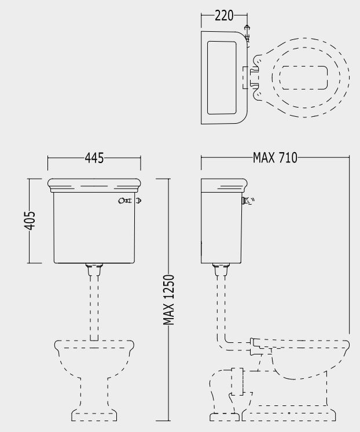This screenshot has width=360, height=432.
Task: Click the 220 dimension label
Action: [x=224, y=16]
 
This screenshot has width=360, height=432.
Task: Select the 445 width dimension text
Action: [x=94, y=158]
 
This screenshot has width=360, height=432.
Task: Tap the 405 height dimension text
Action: [x=30, y=220]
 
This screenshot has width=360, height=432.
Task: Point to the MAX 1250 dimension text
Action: [x=168, y=300]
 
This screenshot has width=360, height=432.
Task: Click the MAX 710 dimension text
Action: [x=275, y=158]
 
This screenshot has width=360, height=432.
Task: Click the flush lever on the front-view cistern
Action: [x=130, y=201]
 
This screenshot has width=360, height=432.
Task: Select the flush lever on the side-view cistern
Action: [x=248, y=201]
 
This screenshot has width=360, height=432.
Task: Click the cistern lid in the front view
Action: [x=94, y=186]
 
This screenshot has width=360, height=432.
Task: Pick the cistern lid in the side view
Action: [x=224, y=185]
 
